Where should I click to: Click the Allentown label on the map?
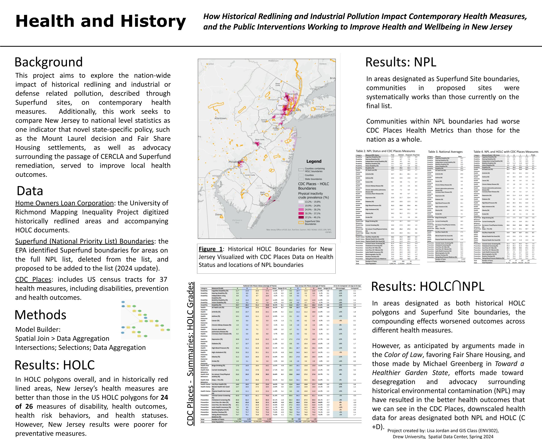220,118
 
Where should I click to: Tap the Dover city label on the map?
219,214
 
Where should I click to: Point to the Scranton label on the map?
210,64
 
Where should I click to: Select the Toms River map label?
286,161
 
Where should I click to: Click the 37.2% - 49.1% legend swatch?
301,217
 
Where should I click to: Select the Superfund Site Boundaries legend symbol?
301,222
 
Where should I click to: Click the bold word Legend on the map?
314,161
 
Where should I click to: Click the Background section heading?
49,62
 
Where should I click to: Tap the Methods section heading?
40,315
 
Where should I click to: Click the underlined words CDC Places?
33,280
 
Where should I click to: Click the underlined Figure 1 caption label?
210,249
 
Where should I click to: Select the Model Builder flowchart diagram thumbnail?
145,320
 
